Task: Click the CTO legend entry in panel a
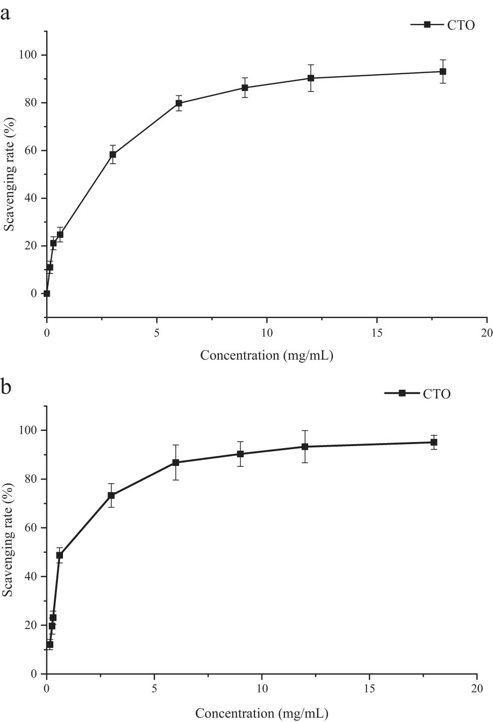point(443,25)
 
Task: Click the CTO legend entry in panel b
point(418,394)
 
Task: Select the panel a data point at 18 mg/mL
point(443,72)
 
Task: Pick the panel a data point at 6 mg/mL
point(179,103)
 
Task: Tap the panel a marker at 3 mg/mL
point(113,154)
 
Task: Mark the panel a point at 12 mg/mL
point(311,78)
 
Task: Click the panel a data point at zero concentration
point(47,293)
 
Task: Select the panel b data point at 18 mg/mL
point(434,443)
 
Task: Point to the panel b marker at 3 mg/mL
point(111,495)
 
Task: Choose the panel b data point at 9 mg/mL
point(240,454)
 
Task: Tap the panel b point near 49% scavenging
point(59,555)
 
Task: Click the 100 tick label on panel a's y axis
point(28,55)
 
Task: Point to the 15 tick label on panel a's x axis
point(377,333)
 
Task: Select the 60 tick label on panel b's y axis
point(31,528)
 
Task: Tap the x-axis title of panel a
point(266,355)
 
